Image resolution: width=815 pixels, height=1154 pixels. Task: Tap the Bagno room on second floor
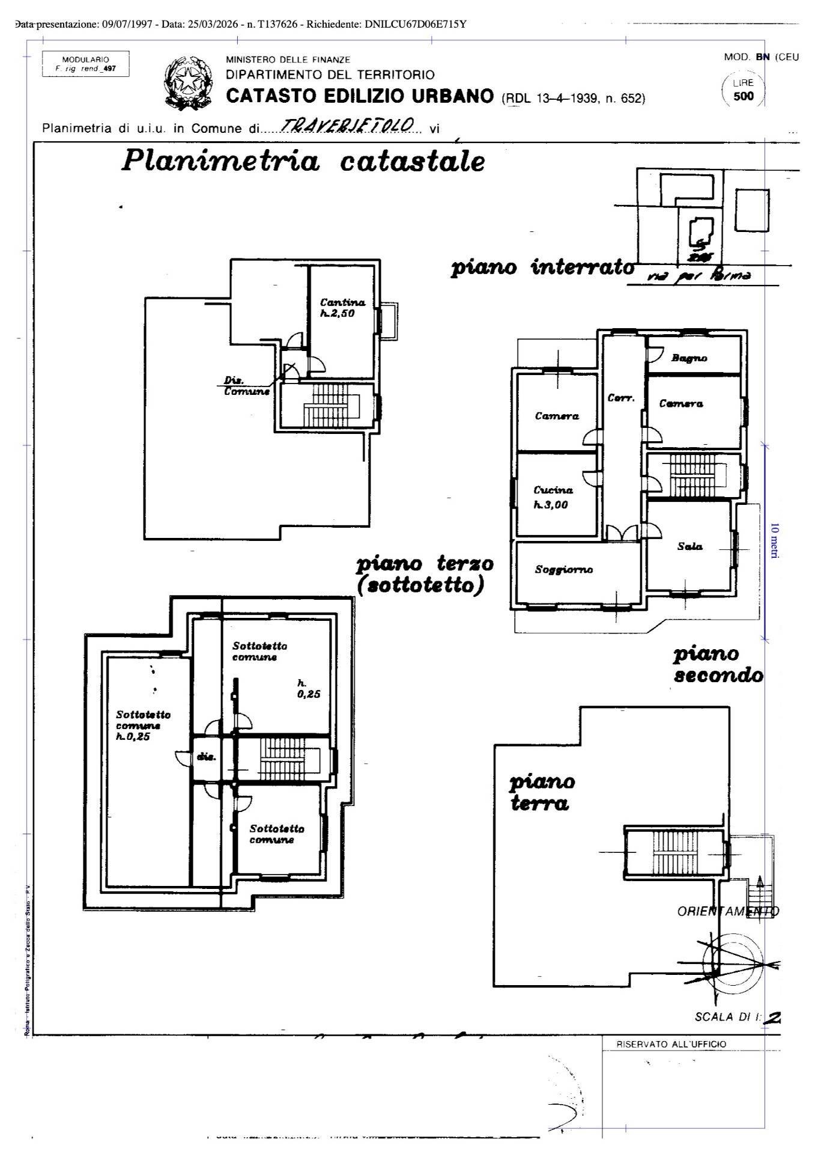tap(689, 358)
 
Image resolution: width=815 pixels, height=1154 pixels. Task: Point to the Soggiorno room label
tap(563, 569)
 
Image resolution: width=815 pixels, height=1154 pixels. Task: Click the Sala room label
tap(689, 546)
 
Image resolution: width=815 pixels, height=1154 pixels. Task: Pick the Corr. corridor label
tap(621, 398)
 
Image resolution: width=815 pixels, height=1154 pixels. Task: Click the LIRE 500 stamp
tap(743, 90)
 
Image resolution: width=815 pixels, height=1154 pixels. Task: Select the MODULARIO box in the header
tap(85, 64)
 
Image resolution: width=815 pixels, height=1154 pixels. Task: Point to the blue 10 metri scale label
tap(774, 541)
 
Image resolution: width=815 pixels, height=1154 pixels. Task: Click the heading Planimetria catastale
tap(303, 161)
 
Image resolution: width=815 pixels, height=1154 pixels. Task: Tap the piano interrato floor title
tap(542, 267)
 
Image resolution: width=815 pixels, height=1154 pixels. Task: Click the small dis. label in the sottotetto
tap(206, 757)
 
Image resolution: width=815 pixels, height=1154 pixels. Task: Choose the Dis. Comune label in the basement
tap(246, 386)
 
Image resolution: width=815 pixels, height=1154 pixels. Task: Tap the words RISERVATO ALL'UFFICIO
tap(671, 1044)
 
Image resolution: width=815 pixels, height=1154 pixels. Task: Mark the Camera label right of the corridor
tap(680, 404)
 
